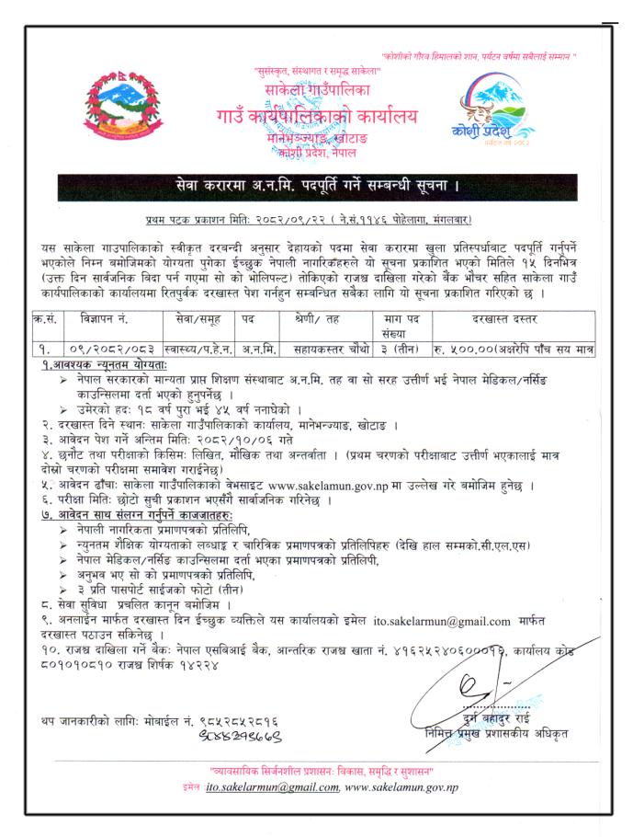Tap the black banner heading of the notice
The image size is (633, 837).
click(x=316, y=188)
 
